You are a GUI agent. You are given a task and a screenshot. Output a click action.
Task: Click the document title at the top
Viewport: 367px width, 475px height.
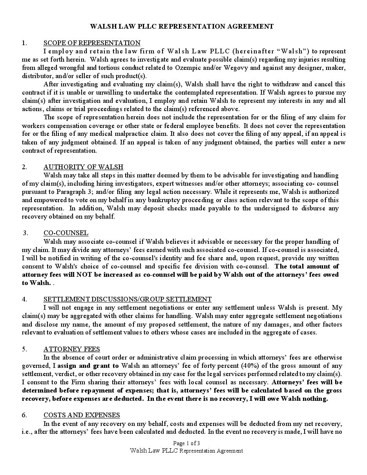[x=182, y=27]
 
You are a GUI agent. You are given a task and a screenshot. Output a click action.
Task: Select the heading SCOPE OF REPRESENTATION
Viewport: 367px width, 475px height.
[x=92, y=43]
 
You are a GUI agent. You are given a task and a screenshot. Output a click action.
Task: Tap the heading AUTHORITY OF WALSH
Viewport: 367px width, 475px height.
[x=83, y=167]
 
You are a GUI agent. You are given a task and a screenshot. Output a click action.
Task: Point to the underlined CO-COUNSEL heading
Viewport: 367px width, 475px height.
[x=66, y=233]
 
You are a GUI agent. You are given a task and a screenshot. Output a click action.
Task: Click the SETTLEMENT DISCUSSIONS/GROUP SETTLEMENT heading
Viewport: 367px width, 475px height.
[x=128, y=299]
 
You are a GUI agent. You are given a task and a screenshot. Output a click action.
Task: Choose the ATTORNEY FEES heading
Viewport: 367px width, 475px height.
[x=72, y=349]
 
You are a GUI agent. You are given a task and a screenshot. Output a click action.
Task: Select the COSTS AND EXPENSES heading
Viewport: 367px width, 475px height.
[x=82, y=415]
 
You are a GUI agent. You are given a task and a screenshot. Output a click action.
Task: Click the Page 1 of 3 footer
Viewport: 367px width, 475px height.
[x=186, y=443]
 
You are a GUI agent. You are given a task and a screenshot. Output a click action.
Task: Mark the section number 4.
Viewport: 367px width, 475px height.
[x=24, y=299]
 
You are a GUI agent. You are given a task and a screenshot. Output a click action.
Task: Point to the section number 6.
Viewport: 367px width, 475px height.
[x=24, y=415]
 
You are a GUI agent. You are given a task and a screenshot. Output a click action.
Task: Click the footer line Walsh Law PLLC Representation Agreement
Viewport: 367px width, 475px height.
[x=186, y=451]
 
